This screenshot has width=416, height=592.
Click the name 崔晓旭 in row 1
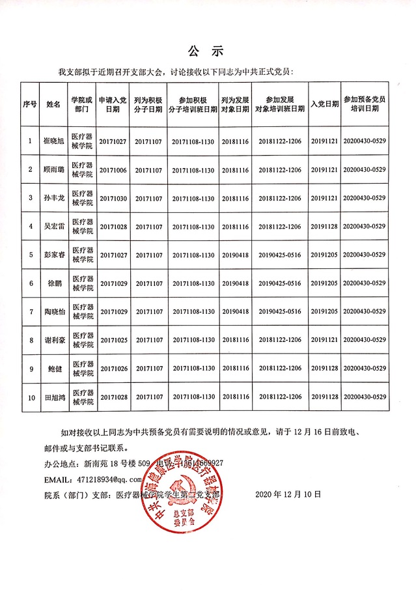53,141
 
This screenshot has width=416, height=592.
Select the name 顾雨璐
53,170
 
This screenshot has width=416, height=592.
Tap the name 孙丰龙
53,198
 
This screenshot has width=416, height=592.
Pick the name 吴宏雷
53,227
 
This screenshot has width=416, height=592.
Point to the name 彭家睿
53,255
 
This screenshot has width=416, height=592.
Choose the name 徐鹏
53,283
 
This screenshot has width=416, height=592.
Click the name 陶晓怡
53,311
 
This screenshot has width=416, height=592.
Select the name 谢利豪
53,340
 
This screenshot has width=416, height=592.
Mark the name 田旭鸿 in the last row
53,397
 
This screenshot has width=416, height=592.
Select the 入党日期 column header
324,104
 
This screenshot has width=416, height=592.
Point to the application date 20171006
113,170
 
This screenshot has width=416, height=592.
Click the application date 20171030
113,198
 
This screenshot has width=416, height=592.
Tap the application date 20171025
113,340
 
